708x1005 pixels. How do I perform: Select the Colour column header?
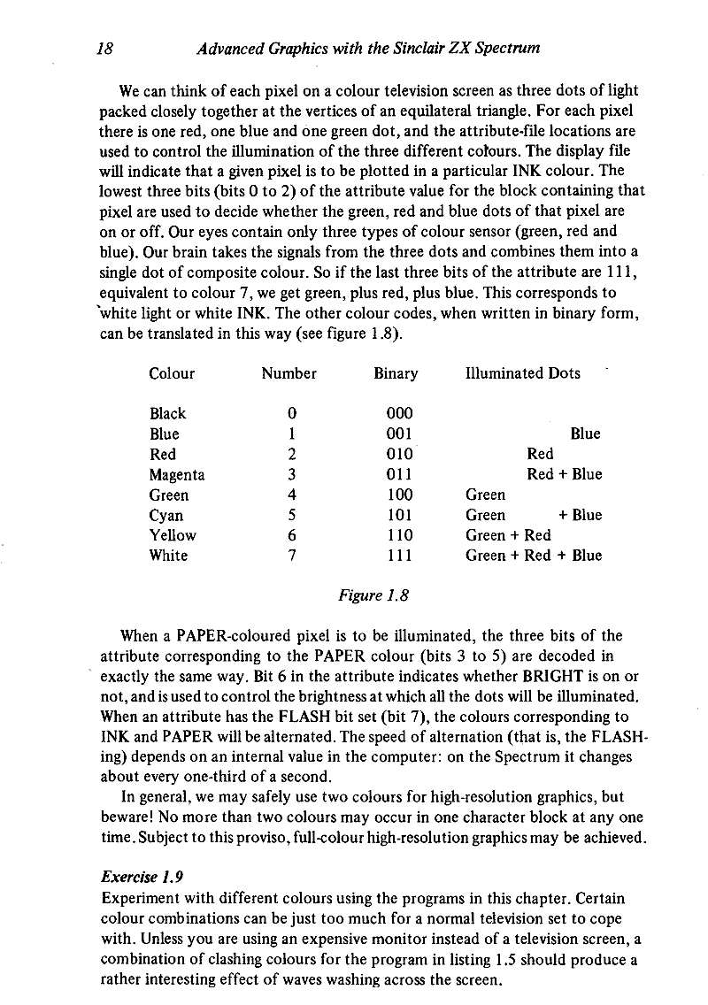coord(172,373)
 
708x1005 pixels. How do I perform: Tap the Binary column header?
coord(396,373)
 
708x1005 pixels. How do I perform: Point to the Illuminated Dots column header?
coord(523,373)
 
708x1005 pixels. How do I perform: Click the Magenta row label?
coord(177,475)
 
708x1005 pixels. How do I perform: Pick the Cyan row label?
coord(166,516)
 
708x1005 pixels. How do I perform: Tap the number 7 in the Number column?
coord(291,556)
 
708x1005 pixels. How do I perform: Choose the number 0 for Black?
coord(291,414)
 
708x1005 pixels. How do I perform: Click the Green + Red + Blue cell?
coord(534,556)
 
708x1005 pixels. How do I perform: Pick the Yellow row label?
coord(173,535)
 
